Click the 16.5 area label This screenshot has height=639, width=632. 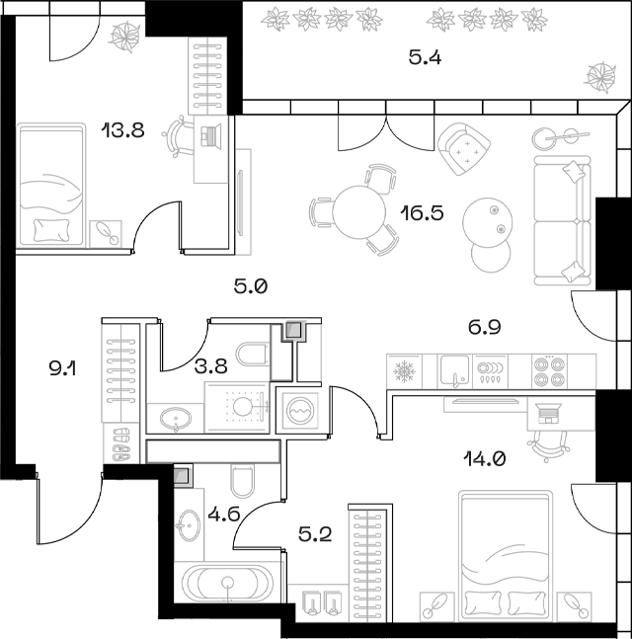tap(422, 213)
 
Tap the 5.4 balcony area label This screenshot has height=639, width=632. tap(425, 58)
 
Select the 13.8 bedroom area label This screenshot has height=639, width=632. tap(123, 130)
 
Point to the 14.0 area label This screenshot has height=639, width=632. tap(485, 459)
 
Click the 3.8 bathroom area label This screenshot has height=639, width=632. tap(210, 366)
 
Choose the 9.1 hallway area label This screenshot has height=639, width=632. tap(62, 369)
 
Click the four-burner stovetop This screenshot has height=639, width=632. tap(550, 371)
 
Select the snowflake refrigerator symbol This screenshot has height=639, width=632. tap(404, 371)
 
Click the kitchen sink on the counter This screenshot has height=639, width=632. tap(455, 371)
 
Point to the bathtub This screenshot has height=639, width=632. tap(226, 583)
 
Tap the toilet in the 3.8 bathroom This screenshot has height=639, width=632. tap(252, 355)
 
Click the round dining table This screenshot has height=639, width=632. tap(358, 212)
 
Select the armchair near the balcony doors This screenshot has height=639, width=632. tap(464, 149)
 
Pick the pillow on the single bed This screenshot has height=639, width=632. tap(51, 231)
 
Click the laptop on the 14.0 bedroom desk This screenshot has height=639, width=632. tap(548, 413)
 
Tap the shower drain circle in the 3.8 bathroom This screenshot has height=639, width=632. tap(243, 406)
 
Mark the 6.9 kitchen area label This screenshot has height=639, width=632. tap(484, 327)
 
